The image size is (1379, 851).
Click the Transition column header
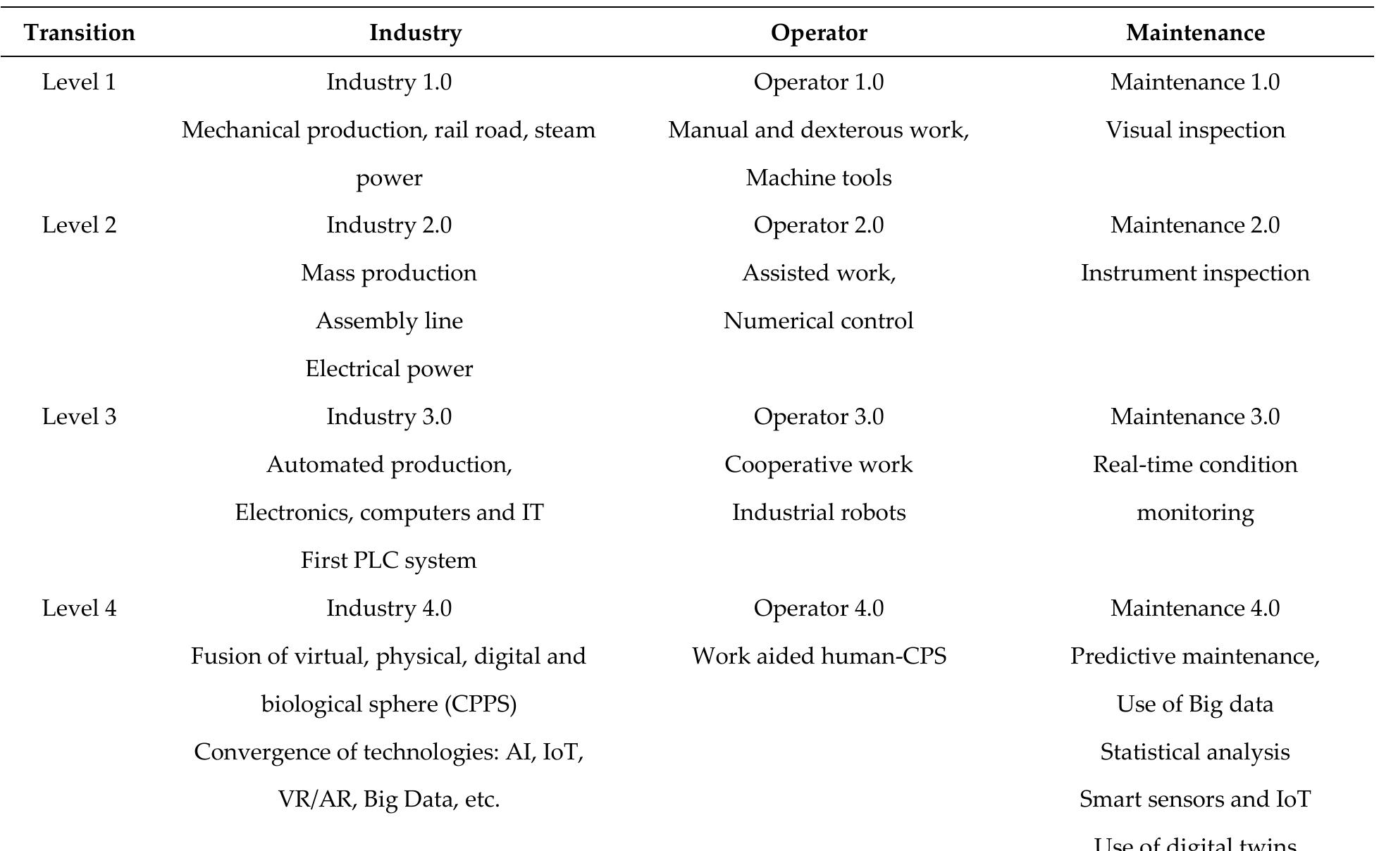click(80, 33)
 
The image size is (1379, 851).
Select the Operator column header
click(819, 33)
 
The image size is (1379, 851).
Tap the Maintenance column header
click(1195, 33)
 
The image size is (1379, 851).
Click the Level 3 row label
click(80, 416)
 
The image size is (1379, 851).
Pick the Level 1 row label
click(80, 82)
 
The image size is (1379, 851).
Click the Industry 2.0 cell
click(389, 225)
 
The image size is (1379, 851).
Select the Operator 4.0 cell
click(819, 608)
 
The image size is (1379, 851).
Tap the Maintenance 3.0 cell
click(1195, 416)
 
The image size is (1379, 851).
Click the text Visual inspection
click(1195, 130)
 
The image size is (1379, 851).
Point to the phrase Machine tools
click(819, 178)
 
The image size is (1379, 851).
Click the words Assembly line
click(389, 321)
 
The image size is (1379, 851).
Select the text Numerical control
click(819, 321)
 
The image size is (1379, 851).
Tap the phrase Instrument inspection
click(1195, 273)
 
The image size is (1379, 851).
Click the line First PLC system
click(389, 561)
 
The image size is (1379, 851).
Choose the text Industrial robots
click(819, 512)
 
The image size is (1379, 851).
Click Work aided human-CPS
click(819, 657)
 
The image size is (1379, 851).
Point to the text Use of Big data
click(1195, 704)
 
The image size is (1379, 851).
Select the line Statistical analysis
click(1195, 752)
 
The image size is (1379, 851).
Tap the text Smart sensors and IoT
click(1195, 800)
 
